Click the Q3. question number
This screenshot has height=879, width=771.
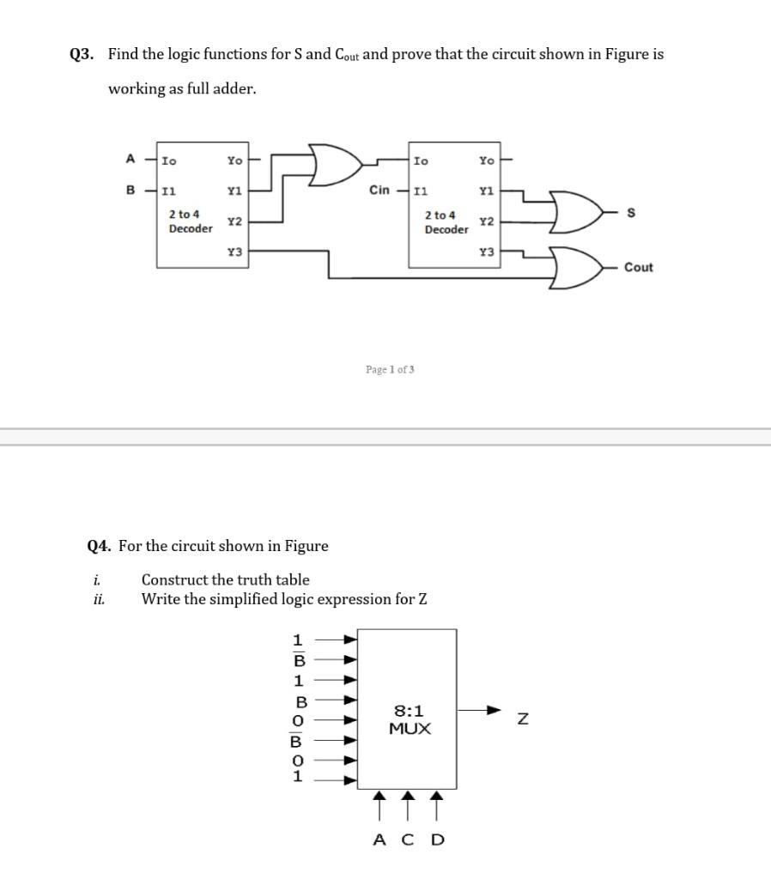pos(82,54)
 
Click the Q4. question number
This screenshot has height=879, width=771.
pos(100,546)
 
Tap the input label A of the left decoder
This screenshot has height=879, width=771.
pos(131,159)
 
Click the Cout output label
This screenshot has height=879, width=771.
pos(638,268)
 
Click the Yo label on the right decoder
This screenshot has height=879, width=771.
pos(486,161)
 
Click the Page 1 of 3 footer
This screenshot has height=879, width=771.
pos(390,369)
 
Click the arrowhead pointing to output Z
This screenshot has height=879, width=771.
pos(492,711)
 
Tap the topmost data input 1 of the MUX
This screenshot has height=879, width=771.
pos(298,640)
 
